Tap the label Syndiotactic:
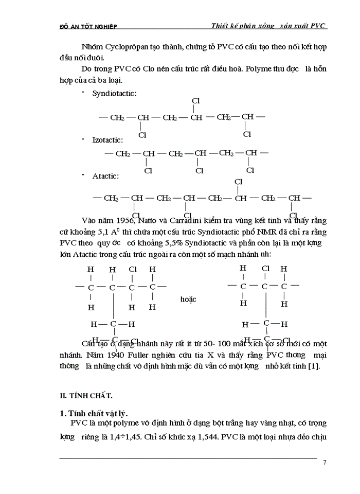[x=114, y=93]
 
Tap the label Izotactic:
[x=107, y=139]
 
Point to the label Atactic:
[x=105, y=176]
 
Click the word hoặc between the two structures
[x=188, y=299]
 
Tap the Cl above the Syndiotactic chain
[x=195, y=101]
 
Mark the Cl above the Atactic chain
[x=238, y=182]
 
